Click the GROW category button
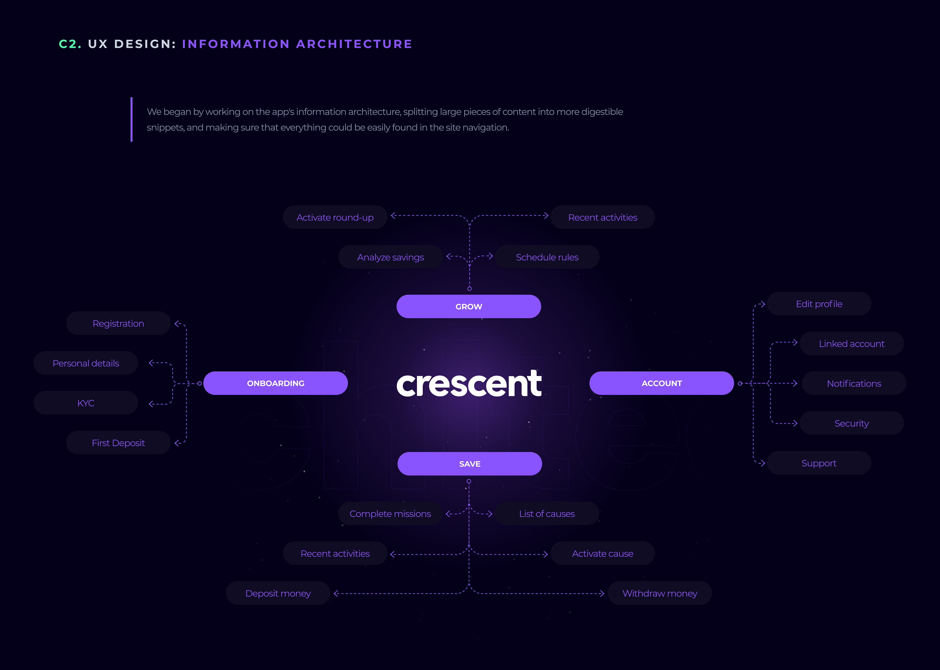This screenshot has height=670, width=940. (469, 306)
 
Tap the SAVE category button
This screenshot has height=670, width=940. (469, 464)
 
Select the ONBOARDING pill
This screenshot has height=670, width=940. (276, 383)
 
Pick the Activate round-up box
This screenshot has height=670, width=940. (335, 217)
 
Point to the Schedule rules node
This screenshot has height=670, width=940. (547, 257)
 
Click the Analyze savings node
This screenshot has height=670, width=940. (390, 257)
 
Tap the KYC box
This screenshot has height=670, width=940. (86, 403)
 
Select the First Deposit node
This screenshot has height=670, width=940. (118, 443)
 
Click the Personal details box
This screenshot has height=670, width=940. (86, 363)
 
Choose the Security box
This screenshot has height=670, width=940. (851, 423)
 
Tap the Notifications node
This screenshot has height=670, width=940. (854, 383)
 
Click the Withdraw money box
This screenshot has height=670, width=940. (659, 593)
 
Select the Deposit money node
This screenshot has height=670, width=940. (278, 593)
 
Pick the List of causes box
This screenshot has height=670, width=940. (547, 514)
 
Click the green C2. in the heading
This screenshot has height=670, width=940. (70, 44)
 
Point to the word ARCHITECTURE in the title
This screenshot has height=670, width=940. (354, 44)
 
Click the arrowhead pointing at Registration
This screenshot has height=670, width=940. (177, 324)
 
